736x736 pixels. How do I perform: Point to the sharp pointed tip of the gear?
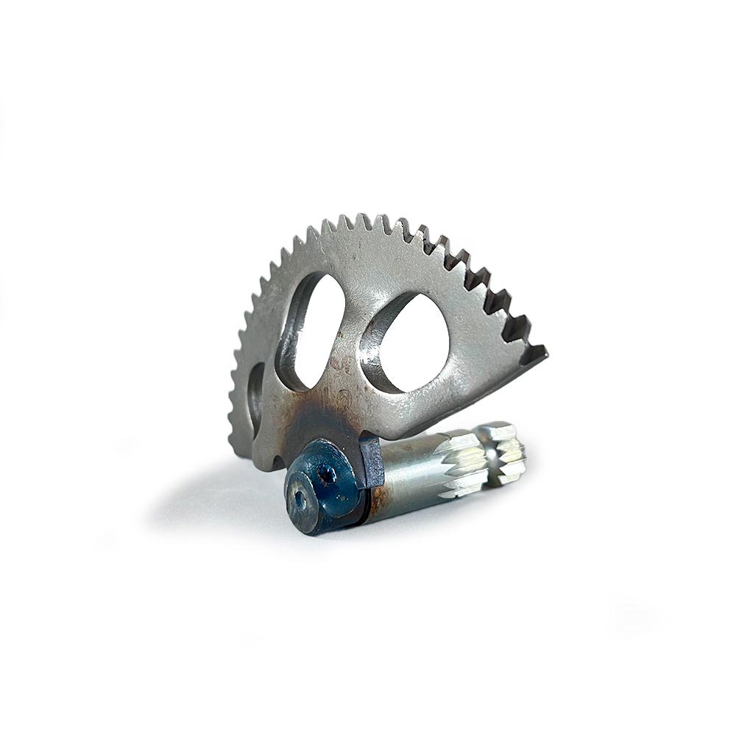click(x=545, y=353)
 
